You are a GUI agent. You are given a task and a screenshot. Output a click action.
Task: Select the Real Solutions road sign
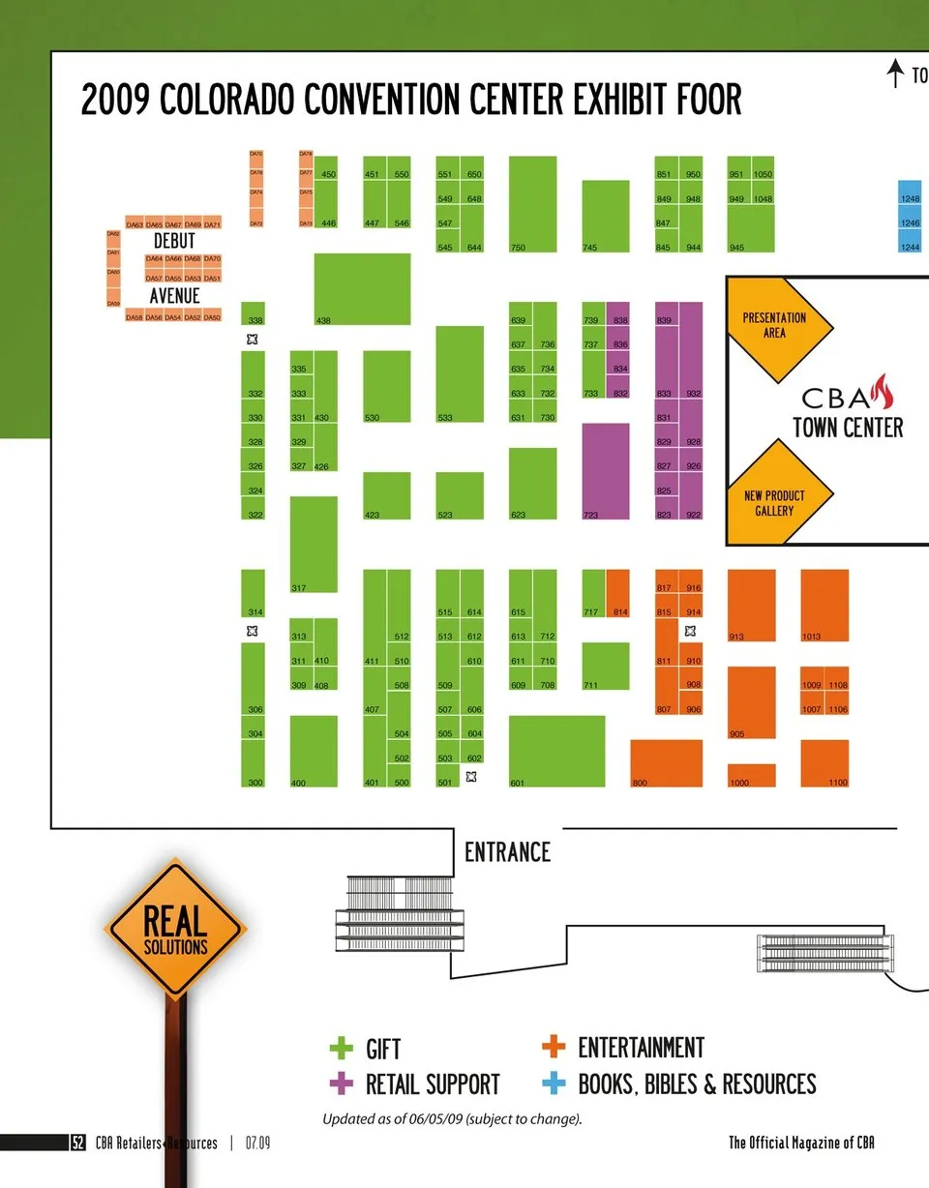[175, 932]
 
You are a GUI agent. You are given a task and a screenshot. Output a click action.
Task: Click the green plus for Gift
[342, 1049]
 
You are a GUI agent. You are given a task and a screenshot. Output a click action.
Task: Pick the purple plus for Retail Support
[342, 1084]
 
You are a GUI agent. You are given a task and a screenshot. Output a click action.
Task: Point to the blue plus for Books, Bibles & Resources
[554, 1084]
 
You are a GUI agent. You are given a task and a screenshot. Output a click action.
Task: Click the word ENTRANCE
[507, 852]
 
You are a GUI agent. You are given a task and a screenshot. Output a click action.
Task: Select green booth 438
[362, 288]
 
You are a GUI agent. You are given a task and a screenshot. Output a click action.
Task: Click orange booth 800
[666, 763]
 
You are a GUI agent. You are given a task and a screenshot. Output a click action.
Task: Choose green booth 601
[556, 751]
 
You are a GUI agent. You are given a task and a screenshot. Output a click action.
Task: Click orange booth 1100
[824, 763]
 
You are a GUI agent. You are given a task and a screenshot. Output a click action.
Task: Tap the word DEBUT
[174, 241]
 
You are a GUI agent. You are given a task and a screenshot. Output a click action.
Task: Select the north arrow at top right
[896, 74]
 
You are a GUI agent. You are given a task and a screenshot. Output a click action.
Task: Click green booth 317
[314, 544]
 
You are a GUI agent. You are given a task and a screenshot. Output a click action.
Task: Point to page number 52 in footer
[78, 1143]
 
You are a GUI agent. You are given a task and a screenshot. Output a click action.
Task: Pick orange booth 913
[751, 606]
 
